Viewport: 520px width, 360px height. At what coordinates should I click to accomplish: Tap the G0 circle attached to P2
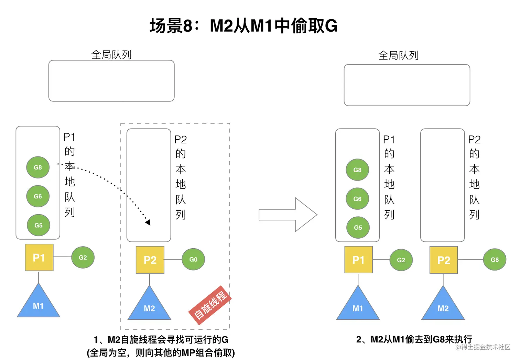pos(193,259)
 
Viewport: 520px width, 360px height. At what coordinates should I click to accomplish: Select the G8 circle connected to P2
pos(495,260)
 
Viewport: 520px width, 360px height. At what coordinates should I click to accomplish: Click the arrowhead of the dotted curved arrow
pos(148,222)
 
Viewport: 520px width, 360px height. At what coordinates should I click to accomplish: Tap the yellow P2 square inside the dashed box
pos(150,260)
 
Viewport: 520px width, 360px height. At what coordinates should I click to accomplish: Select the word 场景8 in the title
pos(171,26)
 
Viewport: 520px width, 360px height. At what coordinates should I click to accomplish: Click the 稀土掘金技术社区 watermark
pos(483,347)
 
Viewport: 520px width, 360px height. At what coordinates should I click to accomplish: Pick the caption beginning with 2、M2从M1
pos(414,339)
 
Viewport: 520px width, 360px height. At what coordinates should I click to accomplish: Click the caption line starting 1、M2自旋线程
pos(161,340)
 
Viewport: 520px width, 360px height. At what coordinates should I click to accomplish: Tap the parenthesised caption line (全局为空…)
pos(161,353)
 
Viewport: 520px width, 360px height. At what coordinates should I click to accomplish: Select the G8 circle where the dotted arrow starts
pos(38,167)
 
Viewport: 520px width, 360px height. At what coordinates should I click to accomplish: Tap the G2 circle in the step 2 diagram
pos(401,260)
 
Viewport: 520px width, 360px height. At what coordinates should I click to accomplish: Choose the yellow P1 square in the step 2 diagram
pos(358,260)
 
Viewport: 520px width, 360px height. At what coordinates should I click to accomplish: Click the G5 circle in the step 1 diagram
pos(39,225)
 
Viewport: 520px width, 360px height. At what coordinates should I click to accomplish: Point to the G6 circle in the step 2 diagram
pos(357,199)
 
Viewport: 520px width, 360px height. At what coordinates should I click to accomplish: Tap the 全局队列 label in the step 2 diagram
pos(398,55)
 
